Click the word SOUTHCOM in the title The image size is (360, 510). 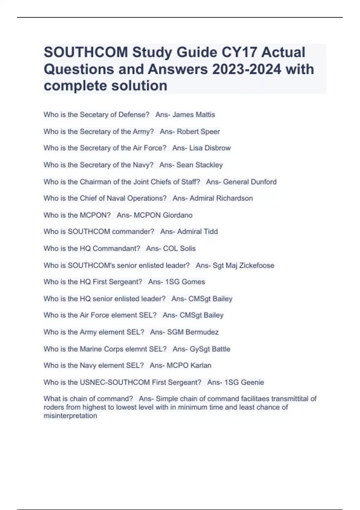tap(86, 52)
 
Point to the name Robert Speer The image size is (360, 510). tap(198, 131)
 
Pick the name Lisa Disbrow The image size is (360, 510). tap(210, 148)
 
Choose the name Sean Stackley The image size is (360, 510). tap(199, 165)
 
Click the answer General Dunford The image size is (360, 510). tap(250, 182)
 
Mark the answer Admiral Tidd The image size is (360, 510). tap(197, 232)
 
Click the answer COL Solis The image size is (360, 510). tap(179, 248)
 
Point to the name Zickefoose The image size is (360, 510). tap(256, 265)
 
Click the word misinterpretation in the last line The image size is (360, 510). tap(70, 416)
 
